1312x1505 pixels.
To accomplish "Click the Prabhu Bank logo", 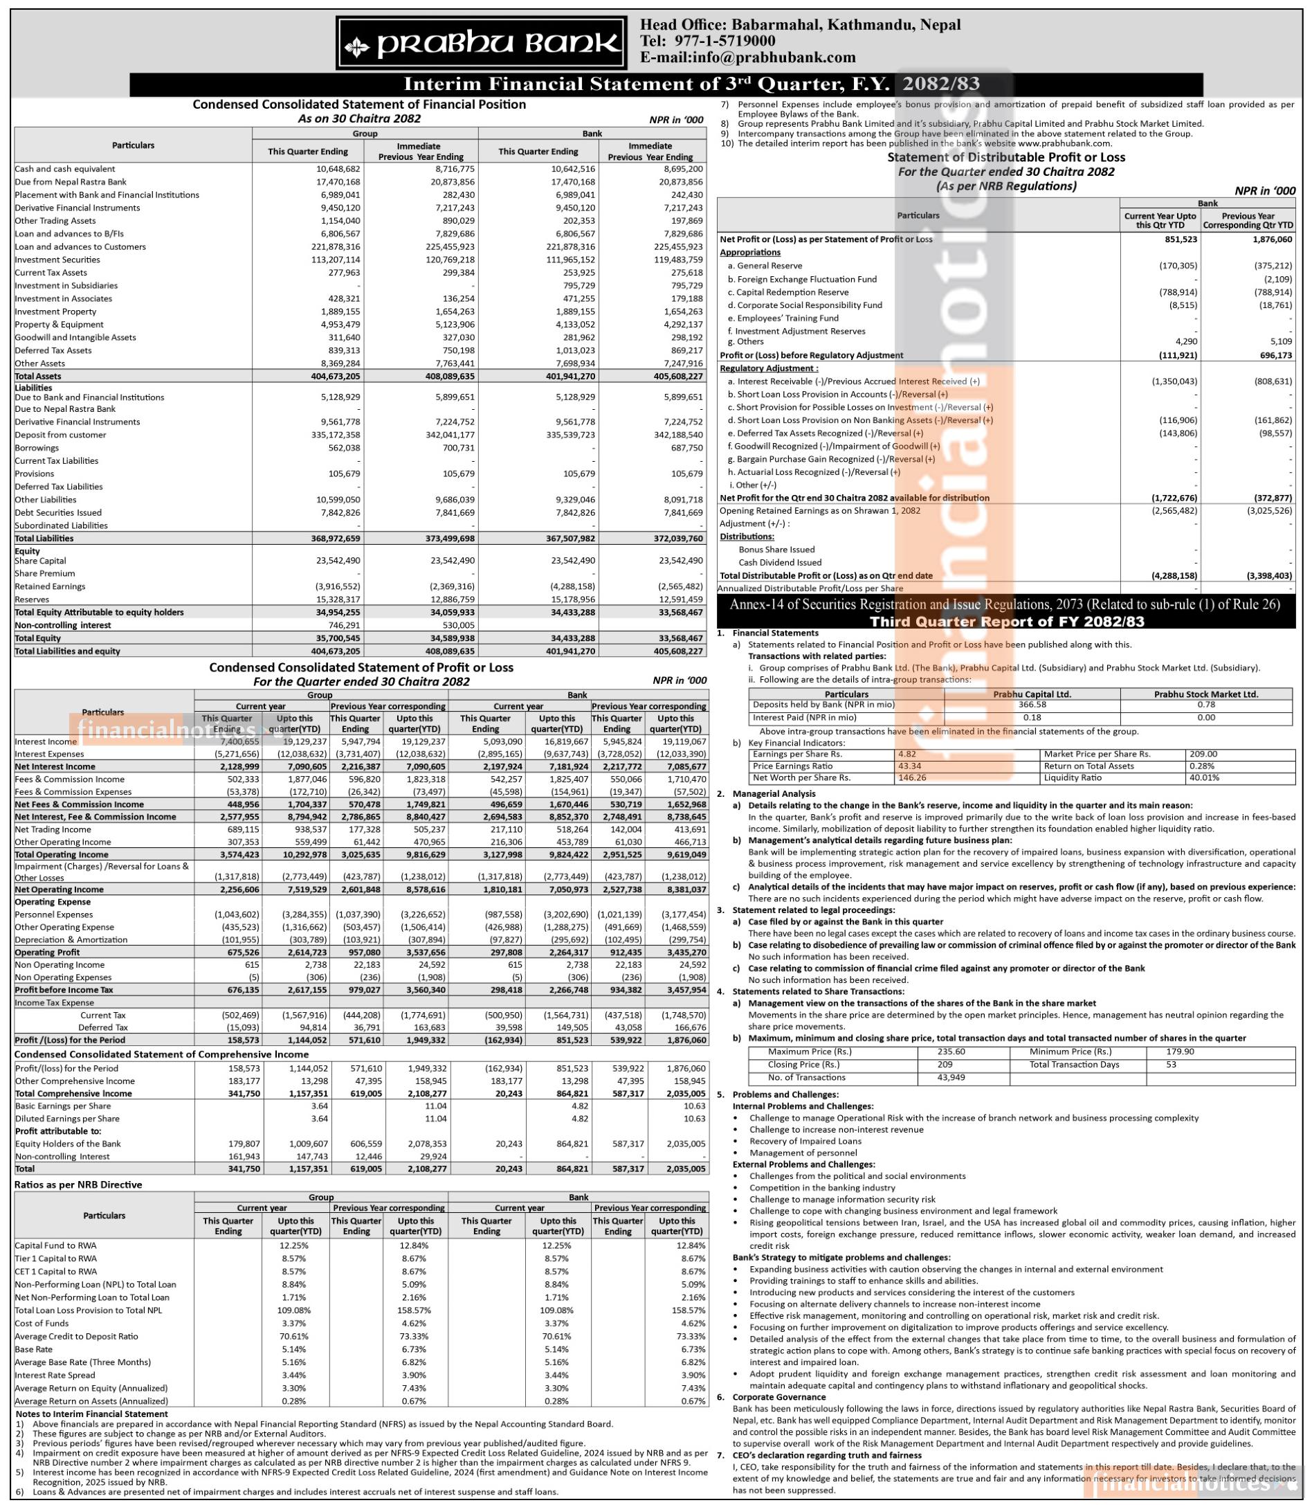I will point(481,44).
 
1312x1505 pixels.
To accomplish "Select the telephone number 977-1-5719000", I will point(725,41).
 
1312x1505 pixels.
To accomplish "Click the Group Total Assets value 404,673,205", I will point(334,377).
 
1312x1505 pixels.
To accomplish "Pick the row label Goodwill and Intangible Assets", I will point(75,338).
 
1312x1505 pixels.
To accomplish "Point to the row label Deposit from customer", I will point(61,435).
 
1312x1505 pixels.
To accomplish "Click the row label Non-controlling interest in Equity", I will point(63,625).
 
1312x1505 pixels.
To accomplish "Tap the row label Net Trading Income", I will point(53,830).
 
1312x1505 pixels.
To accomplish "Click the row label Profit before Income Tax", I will point(64,989).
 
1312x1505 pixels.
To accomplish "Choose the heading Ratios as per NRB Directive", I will point(78,1184).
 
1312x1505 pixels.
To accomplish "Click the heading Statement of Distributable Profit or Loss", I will point(1006,157).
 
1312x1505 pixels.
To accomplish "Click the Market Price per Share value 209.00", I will point(1203,754).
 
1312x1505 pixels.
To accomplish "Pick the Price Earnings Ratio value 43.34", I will point(910,766).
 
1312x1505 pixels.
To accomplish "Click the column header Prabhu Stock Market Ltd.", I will point(1206,694).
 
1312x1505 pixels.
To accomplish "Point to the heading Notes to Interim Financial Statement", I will point(91,1414).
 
